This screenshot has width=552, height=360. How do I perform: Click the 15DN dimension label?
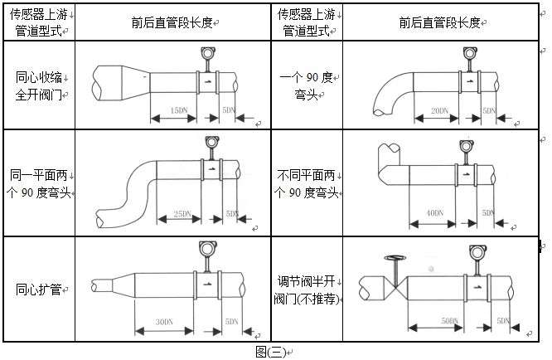coord(177,110)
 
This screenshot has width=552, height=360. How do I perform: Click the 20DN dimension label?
coord(439,110)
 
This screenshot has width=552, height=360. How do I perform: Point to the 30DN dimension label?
coord(164,321)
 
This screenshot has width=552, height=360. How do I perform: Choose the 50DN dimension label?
coord(450,320)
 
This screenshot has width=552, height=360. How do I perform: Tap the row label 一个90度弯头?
coord(307,85)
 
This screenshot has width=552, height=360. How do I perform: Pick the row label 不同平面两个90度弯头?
coord(307,184)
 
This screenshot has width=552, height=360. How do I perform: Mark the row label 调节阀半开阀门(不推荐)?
coord(307,289)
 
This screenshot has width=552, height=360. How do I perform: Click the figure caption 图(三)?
coord(270,352)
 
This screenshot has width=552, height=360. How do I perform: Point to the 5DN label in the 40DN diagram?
coord(487,213)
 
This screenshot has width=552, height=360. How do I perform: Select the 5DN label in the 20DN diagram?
coord(489,110)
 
